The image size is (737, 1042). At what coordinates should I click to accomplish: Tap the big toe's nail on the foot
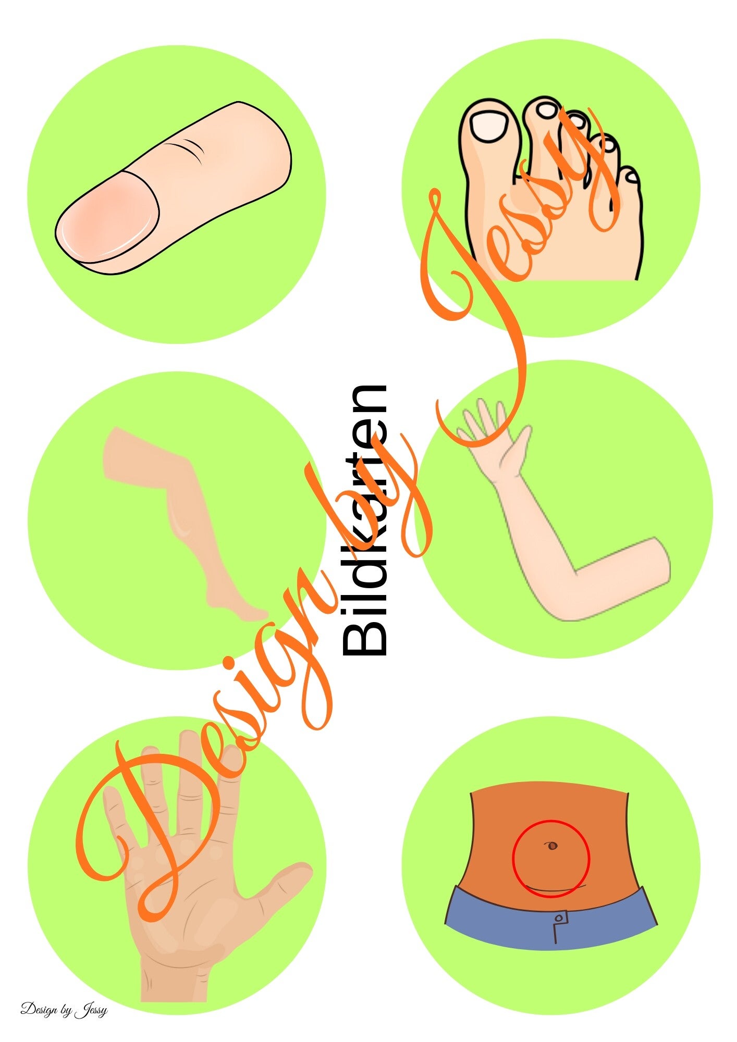tap(488, 126)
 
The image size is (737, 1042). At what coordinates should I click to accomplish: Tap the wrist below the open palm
tap(175, 979)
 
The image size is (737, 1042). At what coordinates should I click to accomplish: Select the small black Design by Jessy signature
tap(64, 1009)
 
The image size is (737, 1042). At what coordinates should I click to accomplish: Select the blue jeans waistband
tap(551, 920)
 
